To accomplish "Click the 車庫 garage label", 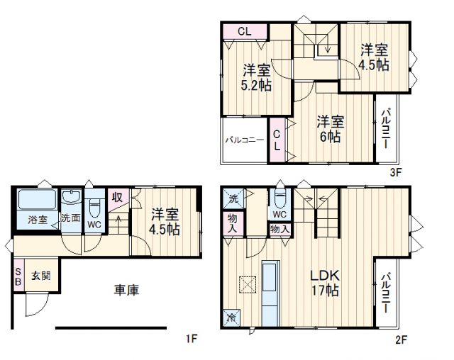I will click(126, 290).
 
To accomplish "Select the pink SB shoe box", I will click(18, 275).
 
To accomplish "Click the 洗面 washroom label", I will click(70, 219).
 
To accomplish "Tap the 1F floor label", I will click(191, 339).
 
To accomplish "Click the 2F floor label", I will click(401, 339).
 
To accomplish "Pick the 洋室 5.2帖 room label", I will click(255, 78).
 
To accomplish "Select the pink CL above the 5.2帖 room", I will click(244, 31).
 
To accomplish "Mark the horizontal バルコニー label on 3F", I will click(245, 140).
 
